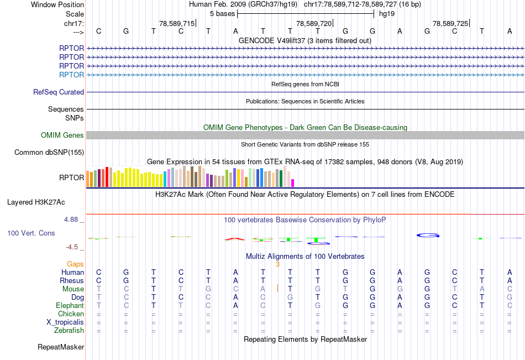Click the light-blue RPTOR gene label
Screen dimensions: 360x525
point(72,75)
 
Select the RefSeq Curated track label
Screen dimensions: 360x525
point(59,92)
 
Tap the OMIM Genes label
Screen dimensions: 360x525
point(62,135)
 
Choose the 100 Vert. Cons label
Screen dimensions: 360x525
point(31,233)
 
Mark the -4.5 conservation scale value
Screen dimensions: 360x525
point(71,247)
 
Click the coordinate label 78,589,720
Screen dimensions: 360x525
point(314,23)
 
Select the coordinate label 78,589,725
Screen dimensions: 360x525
point(450,23)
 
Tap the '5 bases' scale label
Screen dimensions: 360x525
point(222,14)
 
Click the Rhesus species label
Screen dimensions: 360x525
point(72,280)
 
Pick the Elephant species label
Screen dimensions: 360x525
point(70,305)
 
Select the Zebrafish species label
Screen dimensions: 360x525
point(69,330)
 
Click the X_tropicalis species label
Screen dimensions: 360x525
point(65,322)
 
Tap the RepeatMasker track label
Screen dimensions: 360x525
point(61,347)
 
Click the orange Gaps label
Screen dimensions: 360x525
point(75,264)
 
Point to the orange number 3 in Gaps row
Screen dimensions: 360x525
point(278,264)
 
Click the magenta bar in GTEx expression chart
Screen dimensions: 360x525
point(293,182)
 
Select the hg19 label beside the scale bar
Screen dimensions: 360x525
point(387,14)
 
